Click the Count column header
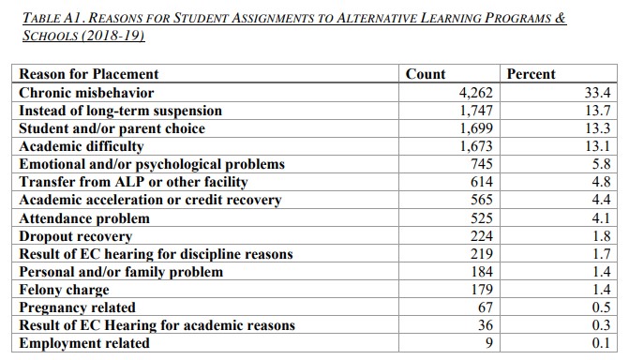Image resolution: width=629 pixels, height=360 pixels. coord(426,74)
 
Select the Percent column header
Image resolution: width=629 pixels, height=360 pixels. coord(531,74)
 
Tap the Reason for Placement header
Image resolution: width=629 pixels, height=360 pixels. coord(89,74)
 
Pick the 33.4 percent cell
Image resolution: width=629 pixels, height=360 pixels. coord(598,93)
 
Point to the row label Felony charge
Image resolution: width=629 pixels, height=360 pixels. coord(64,290)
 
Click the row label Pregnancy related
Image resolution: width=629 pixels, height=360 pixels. coord(77,307)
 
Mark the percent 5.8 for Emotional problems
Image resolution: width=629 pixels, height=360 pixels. coord(602,164)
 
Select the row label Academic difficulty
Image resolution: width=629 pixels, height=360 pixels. coord(82,146)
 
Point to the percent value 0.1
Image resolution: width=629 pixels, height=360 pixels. coord(602,343)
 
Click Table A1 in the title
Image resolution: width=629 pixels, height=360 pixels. coord(51,18)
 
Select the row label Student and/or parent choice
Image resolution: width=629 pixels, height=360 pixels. coord(112,128)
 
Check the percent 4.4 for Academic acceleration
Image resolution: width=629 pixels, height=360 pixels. coord(602,200)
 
